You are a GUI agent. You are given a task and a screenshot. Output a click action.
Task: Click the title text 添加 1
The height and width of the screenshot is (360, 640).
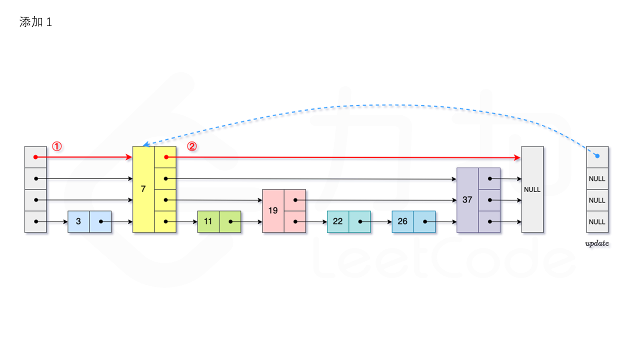(x=35, y=22)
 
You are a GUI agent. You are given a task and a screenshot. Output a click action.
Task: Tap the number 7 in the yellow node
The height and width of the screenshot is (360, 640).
(x=143, y=189)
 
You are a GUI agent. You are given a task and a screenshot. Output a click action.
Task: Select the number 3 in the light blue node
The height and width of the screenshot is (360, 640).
(x=78, y=221)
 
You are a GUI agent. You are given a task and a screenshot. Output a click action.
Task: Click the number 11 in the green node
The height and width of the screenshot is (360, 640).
(x=208, y=221)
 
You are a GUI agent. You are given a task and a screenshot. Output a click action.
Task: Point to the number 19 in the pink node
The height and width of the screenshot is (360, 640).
(x=273, y=210)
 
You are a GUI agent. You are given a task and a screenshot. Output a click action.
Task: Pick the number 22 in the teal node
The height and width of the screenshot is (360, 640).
(x=337, y=221)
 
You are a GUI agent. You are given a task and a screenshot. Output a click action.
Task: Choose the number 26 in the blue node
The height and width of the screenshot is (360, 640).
(x=402, y=221)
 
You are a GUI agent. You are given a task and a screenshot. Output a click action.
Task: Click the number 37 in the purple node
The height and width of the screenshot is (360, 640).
(x=467, y=199)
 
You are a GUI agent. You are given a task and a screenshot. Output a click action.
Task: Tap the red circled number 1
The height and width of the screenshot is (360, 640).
(x=57, y=146)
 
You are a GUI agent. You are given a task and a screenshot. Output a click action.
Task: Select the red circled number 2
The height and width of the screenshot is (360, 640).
(x=192, y=146)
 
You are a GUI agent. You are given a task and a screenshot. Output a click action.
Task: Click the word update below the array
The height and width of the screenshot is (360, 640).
(x=597, y=243)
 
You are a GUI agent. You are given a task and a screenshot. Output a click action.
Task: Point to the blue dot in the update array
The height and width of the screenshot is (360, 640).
(x=597, y=156)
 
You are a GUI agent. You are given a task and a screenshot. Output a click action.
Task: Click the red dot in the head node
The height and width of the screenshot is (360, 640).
(x=35, y=157)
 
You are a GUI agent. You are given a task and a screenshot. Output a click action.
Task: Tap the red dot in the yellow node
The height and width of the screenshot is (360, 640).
(x=166, y=157)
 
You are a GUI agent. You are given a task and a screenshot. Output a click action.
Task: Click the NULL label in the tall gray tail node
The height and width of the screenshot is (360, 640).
(x=532, y=189)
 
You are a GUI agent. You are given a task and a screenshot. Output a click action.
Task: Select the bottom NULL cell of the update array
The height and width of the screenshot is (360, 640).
(x=597, y=221)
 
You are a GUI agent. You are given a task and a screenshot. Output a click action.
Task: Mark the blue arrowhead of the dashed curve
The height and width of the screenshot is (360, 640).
(x=146, y=144)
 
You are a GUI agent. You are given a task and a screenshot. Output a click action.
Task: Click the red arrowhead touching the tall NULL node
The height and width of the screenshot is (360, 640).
(x=517, y=157)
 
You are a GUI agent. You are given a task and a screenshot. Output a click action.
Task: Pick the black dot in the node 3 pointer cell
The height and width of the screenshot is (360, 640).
(x=101, y=221)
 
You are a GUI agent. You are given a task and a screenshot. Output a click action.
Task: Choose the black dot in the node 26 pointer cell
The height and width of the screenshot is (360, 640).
(x=425, y=221)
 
